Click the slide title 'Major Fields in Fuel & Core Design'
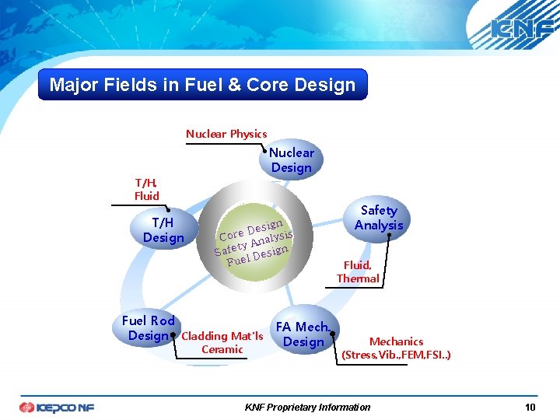point(202,85)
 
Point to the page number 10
point(530,408)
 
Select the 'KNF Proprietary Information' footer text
point(307,408)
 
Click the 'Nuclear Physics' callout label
point(226,134)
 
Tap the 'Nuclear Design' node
point(292,160)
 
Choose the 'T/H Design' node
point(163,229)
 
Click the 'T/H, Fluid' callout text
point(146,189)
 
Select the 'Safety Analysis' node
point(379,218)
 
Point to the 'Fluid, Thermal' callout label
point(358,271)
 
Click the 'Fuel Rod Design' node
point(149,327)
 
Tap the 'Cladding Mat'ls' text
point(222,336)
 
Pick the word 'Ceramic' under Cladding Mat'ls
point(222,349)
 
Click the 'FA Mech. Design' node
point(303,334)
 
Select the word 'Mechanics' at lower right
point(396,341)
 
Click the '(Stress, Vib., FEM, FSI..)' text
point(396,355)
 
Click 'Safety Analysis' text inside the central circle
point(254,240)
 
